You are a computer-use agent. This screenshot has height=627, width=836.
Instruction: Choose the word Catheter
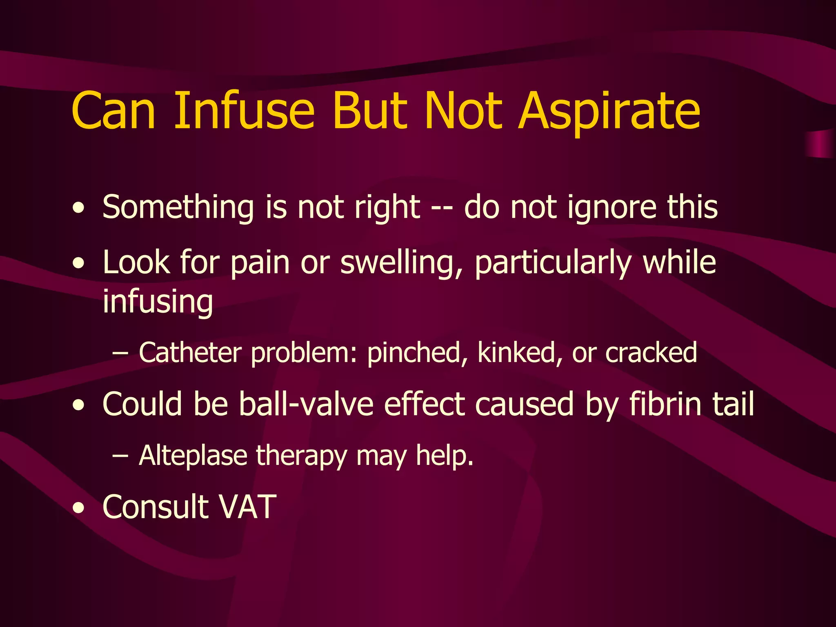pos(190,353)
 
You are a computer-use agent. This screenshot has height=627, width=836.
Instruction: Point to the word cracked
pos(651,353)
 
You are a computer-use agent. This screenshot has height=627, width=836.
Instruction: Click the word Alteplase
pos(193,456)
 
